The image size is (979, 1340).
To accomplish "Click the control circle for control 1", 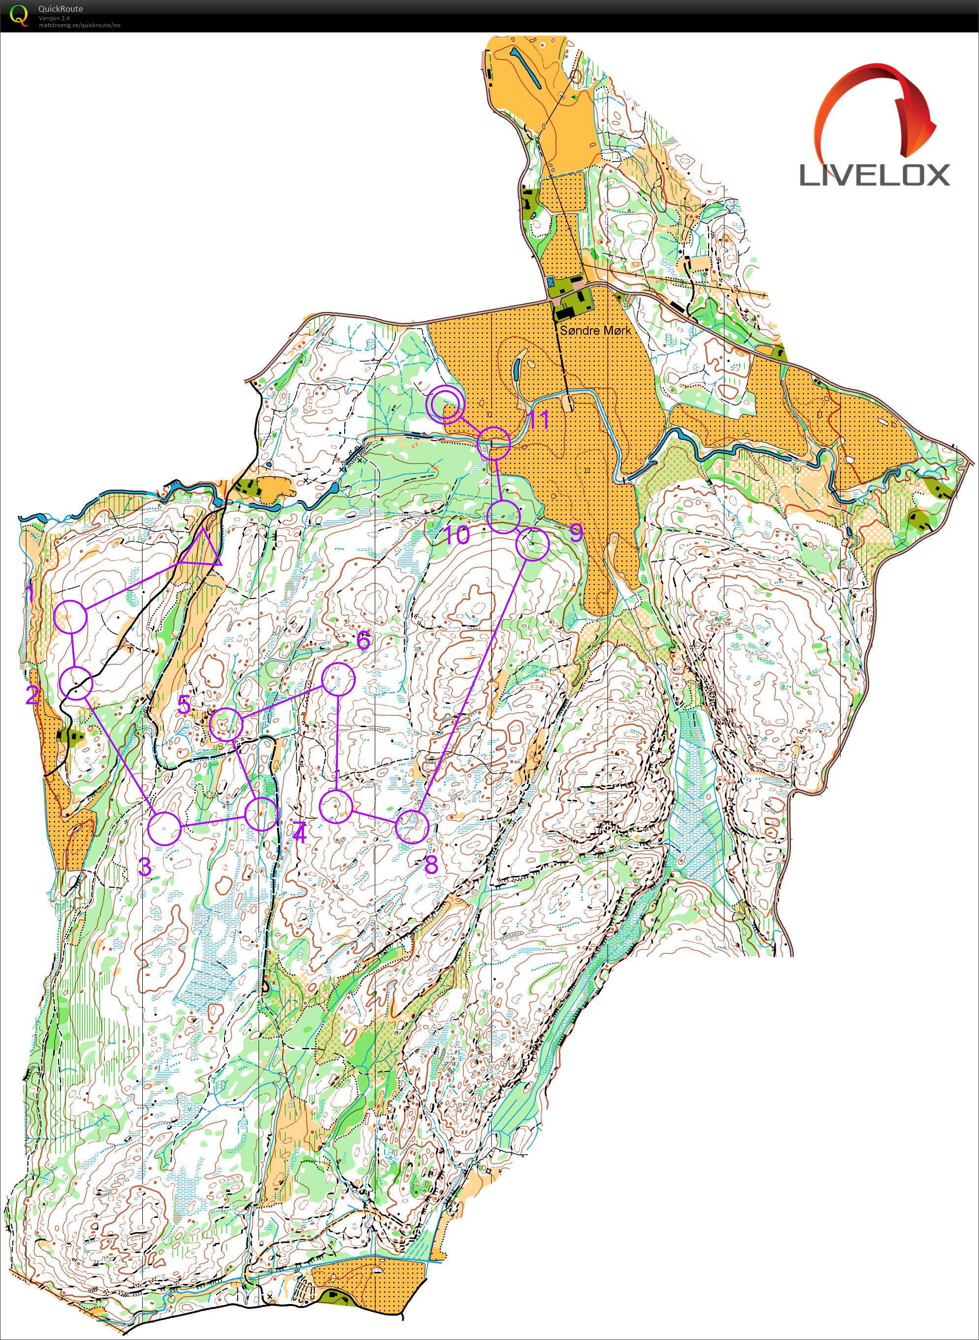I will pos(70,617).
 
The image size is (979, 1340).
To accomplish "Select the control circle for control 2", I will pos(76,683).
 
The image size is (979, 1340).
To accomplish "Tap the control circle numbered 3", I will pos(163,828).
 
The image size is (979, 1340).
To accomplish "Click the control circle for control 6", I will pos(338,679).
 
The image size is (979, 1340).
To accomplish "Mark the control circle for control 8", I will pos(412,827).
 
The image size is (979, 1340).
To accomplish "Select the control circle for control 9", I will pos(533,544).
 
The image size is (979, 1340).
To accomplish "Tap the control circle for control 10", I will pos(504,516).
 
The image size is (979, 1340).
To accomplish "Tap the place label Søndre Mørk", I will pos(595,330).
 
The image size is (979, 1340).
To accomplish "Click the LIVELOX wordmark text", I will pos(875,175).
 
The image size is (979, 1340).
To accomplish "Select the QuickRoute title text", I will pos(61,9).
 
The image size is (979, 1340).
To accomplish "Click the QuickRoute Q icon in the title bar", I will pos(20,15).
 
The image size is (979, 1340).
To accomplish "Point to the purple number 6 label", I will pos(363,641).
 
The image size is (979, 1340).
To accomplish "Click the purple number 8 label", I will pos(431,865).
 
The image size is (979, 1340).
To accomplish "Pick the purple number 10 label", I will pos(457,536).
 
